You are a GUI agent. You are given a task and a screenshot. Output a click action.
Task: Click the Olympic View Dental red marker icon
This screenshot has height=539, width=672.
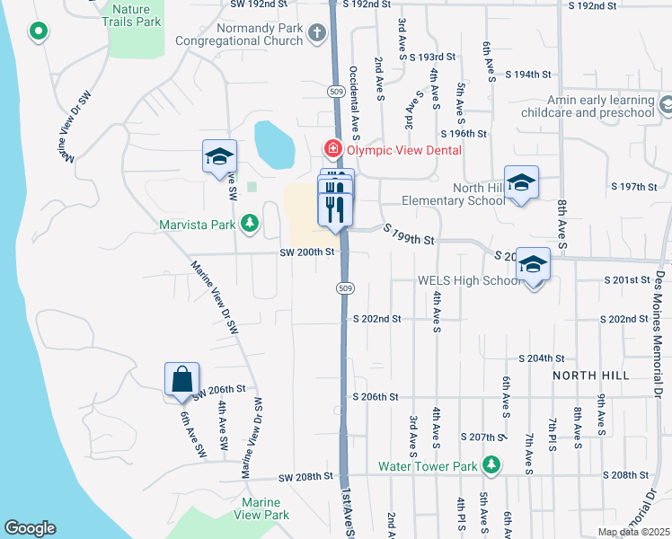point(332,148)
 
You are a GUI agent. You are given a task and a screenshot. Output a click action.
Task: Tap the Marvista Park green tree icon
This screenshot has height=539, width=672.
point(250,223)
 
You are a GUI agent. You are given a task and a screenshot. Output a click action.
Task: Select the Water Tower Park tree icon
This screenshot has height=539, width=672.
point(491,465)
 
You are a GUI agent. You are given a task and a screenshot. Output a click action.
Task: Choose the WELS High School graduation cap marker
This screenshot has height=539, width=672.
point(533,265)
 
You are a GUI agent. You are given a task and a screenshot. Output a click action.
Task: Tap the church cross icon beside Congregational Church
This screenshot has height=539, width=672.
point(316,34)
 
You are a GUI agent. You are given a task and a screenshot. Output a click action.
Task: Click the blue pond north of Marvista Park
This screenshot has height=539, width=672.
point(274,145)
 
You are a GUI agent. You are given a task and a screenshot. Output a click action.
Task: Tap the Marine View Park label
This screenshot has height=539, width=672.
point(264,508)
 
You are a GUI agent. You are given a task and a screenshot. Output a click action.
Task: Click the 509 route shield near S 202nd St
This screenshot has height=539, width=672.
point(345,287)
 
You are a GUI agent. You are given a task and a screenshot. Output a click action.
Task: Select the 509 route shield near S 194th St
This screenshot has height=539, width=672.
point(335,93)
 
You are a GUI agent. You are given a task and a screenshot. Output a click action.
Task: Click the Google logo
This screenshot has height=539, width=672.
point(31,528)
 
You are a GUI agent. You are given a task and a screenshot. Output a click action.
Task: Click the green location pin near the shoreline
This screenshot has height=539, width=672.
point(38,32)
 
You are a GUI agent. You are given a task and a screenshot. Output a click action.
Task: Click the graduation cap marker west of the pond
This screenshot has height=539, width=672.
point(219,157)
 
